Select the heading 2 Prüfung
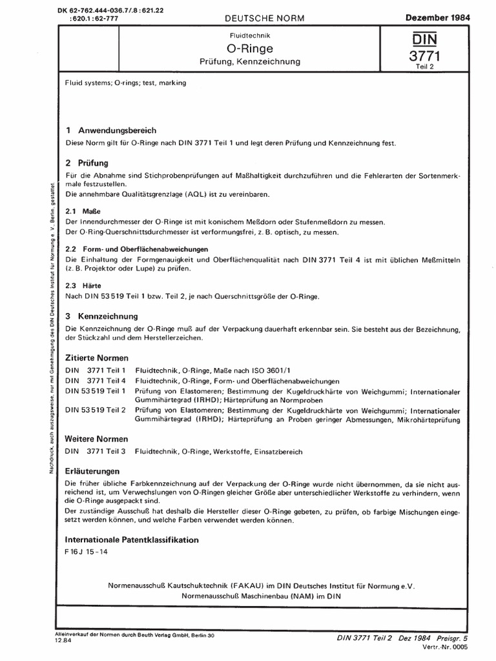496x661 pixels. pyautogui.click(x=87, y=163)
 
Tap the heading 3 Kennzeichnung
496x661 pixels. pyautogui.click(x=102, y=317)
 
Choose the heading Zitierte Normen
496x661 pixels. pyautogui.click(x=97, y=358)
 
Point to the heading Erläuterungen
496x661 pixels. pyautogui.click(x=93, y=471)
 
